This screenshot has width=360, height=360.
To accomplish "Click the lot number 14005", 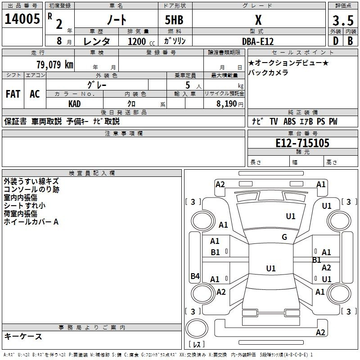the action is [x=22, y=19].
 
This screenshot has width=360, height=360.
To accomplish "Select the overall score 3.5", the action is [x=343, y=20].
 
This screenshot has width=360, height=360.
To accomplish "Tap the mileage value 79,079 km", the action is [x=55, y=64].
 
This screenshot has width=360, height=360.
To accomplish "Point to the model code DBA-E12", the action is [x=258, y=41].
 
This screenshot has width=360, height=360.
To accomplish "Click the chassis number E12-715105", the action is [x=302, y=143].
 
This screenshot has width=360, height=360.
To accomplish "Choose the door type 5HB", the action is [x=174, y=20].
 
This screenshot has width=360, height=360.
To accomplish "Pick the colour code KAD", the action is [x=74, y=104].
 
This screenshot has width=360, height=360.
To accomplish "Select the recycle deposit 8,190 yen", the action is [x=229, y=104].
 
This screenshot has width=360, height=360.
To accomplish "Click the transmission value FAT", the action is [x=13, y=94].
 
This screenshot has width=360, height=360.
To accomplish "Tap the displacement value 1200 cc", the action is [x=141, y=41].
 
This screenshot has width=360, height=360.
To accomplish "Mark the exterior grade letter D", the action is [x=336, y=41].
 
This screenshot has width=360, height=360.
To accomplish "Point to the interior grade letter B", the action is [x=350, y=41].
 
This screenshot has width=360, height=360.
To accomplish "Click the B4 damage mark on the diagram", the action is [x=195, y=276].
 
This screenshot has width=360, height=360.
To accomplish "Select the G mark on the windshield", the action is [x=284, y=237].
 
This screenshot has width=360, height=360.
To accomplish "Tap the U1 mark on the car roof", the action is [x=271, y=268].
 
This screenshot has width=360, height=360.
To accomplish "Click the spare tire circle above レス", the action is [x=197, y=328].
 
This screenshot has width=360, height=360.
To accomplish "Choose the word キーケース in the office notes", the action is [x=23, y=336].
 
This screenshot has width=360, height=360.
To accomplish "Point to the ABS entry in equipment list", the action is [x=289, y=121].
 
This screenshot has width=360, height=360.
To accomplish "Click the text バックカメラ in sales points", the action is [x=268, y=72].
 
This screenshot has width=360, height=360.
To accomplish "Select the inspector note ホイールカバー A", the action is [x=31, y=222].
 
